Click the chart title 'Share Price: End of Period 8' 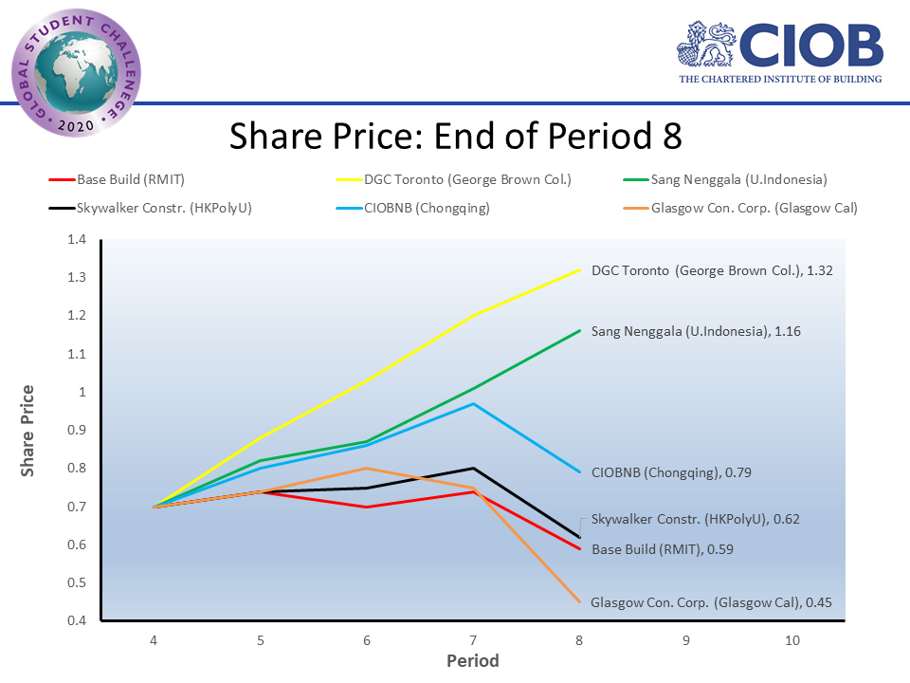point(455,136)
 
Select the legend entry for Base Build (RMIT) point(119,179)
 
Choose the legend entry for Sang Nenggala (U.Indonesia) point(739,179)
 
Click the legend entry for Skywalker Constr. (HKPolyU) point(152,208)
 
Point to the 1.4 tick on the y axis point(76,240)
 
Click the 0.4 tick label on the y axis point(76,621)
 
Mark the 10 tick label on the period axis point(792,641)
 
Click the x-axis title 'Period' point(473,661)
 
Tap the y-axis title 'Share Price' point(28,430)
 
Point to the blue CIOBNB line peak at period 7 point(473,403)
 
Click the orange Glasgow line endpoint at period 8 point(579,601)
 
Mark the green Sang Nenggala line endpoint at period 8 point(579,330)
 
